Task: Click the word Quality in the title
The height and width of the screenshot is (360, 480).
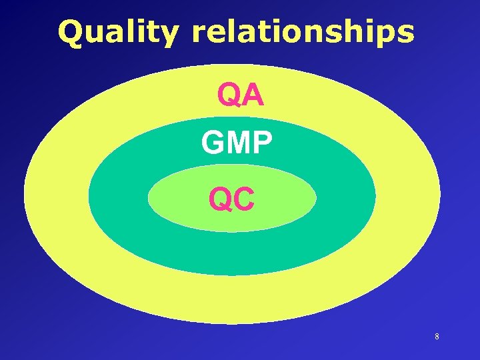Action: (118, 32)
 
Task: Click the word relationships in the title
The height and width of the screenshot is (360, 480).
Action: (303, 32)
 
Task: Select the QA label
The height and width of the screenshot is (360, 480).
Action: (241, 96)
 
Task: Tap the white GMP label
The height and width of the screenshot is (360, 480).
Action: (237, 142)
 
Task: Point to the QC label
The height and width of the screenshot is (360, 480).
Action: (231, 198)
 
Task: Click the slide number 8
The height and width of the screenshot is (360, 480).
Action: (437, 337)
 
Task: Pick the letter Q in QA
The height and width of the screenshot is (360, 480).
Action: (229, 96)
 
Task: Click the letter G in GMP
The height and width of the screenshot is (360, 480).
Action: (213, 142)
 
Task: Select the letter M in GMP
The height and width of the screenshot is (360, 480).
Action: (237, 142)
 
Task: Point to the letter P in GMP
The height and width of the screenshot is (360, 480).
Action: (261, 142)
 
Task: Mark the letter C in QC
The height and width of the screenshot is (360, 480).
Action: (244, 198)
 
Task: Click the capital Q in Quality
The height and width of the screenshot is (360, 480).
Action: (70, 32)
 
